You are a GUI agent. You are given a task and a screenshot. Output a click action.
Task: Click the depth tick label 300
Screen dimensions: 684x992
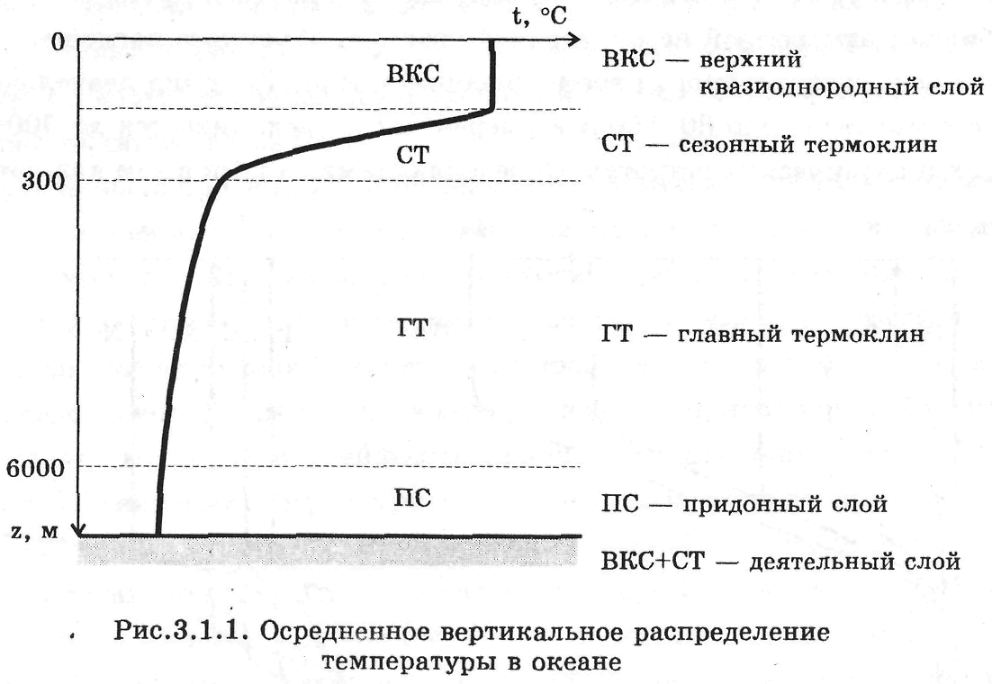[42, 180]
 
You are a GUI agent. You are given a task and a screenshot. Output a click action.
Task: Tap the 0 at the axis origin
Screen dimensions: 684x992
[57, 41]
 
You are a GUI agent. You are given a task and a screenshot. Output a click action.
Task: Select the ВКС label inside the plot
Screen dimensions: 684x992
[412, 75]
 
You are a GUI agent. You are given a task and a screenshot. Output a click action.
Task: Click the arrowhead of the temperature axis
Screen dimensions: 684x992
[572, 41]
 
